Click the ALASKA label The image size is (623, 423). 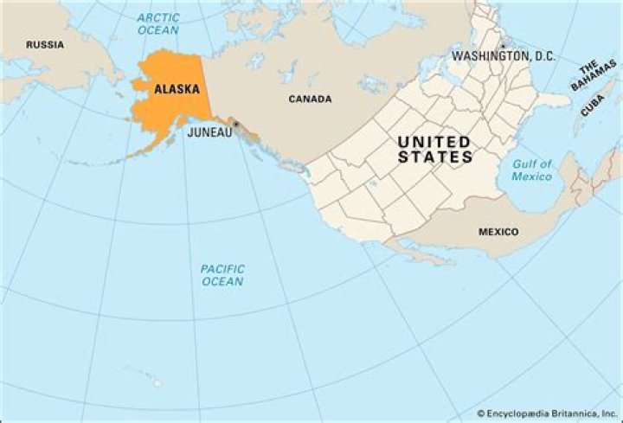click(x=177, y=89)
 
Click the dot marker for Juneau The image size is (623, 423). click(x=235, y=125)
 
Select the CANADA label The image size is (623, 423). click(x=310, y=99)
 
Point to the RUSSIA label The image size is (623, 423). click(x=44, y=45)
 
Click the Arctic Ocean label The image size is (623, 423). click(x=157, y=23)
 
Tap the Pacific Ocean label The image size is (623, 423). click(x=222, y=275)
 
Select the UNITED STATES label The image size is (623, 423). click(x=434, y=150)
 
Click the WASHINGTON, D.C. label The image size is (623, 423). click(x=503, y=56)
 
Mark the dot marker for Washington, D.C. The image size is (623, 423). click(x=502, y=45)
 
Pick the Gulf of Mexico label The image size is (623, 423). click(x=531, y=170)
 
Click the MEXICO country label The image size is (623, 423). click(x=498, y=232)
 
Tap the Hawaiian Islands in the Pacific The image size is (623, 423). click(x=152, y=381)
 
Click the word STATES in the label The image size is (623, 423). click(x=435, y=157)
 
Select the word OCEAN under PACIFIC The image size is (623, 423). click(x=222, y=282)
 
